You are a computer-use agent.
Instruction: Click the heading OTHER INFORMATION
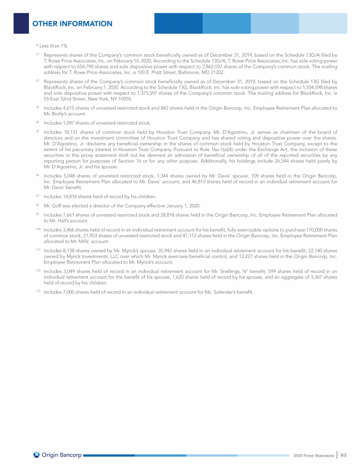tap(72, 23)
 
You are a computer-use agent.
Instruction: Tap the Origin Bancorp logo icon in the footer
tap(37, 455)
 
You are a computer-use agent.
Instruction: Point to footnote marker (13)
tap(38, 292)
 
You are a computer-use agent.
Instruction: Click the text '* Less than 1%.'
tap(52, 45)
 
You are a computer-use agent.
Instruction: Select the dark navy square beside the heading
tap(21, 23)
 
